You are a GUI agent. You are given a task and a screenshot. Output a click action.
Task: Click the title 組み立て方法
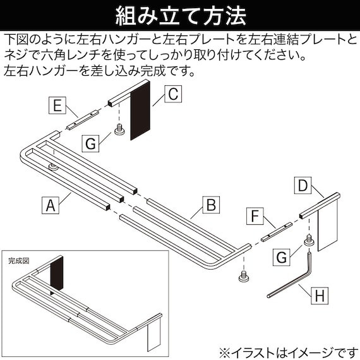point(179,14)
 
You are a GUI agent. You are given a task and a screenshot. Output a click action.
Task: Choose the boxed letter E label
point(57,105)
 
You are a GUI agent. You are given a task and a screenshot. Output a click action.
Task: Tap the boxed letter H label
point(320,294)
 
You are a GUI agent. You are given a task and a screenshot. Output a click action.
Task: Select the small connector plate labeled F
point(276,231)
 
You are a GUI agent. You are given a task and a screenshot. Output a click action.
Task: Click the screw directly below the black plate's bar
point(118,131)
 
